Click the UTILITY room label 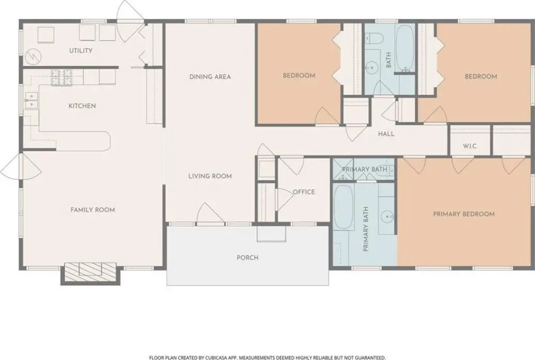pyautogui.click(x=81, y=51)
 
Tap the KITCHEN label pyautogui.click(x=82, y=106)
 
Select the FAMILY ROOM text pyautogui.click(x=92, y=210)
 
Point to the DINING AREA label pyautogui.click(x=210, y=77)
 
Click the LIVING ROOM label pyautogui.click(x=210, y=176)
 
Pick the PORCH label pyautogui.click(x=247, y=258)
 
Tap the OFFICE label pyautogui.click(x=304, y=192)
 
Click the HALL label pyautogui.click(x=386, y=134)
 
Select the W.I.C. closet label pyautogui.click(x=470, y=146)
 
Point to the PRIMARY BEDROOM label pyautogui.click(x=464, y=214)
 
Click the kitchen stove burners pyautogui.click(x=62, y=77)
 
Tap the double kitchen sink pyautogui.click(x=31, y=100)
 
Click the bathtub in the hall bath pyautogui.click(x=405, y=49)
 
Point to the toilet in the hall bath pyautogui.click(x=374, y=38)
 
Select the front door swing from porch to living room pyautogui.click(x=206, y=213)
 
